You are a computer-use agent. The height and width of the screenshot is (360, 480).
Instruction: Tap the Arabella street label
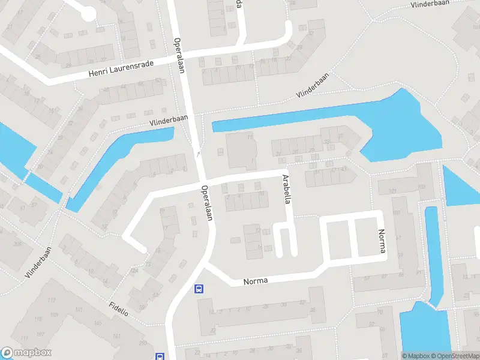[287, 190]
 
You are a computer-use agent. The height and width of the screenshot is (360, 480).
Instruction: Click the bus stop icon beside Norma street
[199, 289]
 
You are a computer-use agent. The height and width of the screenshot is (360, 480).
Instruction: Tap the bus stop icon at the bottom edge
[160, 356]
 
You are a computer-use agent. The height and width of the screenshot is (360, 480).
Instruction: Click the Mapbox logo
[26, 353]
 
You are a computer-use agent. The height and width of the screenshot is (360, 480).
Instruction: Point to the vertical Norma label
[380, 241]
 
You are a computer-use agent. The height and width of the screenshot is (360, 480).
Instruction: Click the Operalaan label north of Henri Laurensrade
[178, 56]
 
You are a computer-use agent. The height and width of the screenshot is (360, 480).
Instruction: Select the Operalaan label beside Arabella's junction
[208, 203]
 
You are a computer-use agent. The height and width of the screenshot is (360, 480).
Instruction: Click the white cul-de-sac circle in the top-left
[88, 14]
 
